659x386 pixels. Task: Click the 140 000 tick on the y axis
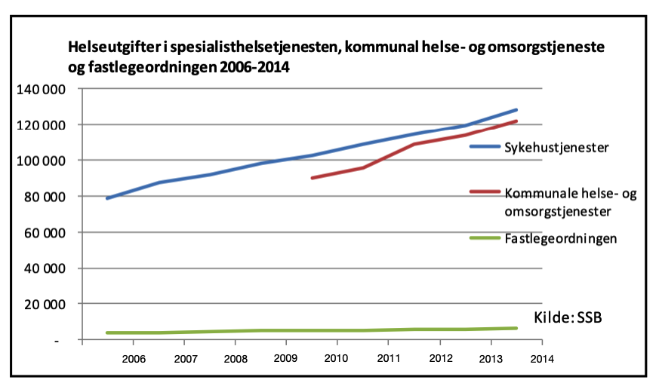[x=41, y=90]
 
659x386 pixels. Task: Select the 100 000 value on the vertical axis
[x=41, y=161]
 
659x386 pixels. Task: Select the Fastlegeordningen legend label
[x=561, y=238]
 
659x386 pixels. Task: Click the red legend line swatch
[x=485, y=194]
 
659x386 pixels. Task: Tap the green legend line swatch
[x=485, y=238]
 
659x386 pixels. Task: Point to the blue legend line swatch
[x=485, y=146]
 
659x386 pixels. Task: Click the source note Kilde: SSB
[x=566, y=317]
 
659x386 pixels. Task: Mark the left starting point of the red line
[x=312, y=178]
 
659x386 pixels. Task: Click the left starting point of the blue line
[x=107, y=198]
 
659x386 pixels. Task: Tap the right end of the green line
[x=516, y=328]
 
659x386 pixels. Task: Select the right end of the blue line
[x=516, y=110]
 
